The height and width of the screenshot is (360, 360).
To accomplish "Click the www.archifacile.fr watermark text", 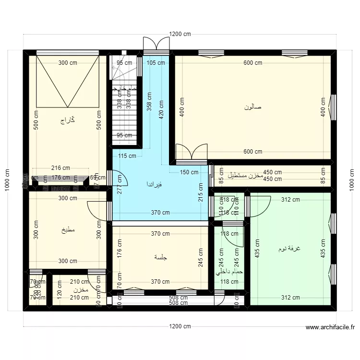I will [x=330, y=328].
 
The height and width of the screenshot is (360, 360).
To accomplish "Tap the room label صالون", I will [x=253, y=107].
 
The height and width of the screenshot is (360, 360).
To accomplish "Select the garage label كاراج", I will [x=67, y=120].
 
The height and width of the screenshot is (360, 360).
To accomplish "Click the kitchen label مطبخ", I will [x=68, y=229].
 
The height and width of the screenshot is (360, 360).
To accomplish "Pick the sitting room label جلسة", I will [x=160, y=257].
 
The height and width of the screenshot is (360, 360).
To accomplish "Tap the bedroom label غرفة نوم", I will [x=289, y=249].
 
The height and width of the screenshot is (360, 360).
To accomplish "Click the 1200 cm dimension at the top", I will [x=180, y=34].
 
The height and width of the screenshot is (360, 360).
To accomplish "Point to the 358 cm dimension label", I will [x=149, y=99].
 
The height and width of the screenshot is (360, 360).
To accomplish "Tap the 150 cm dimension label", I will [x=189, y=172].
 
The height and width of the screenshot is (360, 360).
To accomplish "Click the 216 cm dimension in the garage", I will [x=60, y=168].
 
